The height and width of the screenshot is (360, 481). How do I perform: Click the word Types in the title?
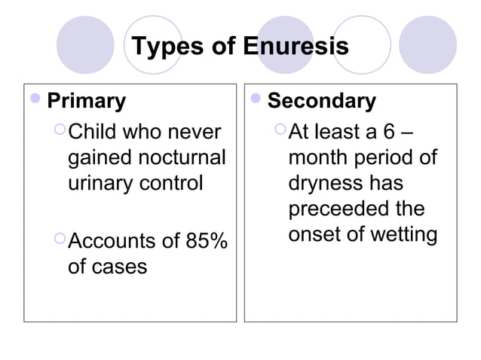click(x=164, y=47)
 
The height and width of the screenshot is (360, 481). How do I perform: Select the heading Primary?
click(x=87, y=101)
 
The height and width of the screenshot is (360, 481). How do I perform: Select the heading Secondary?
click(x=322, y=101)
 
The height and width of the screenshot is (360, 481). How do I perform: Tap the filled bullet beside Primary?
click(x=36, y=100)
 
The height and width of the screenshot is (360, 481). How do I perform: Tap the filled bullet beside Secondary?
click(x=256, y=100)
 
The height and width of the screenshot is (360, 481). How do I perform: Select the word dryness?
click(x=326, y=184)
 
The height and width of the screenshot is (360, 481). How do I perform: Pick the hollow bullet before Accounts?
click(x=60, y=241)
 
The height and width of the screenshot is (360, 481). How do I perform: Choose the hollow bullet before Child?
click(x=60, y=133)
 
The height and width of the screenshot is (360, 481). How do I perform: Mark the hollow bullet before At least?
click(x=280, y=133)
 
